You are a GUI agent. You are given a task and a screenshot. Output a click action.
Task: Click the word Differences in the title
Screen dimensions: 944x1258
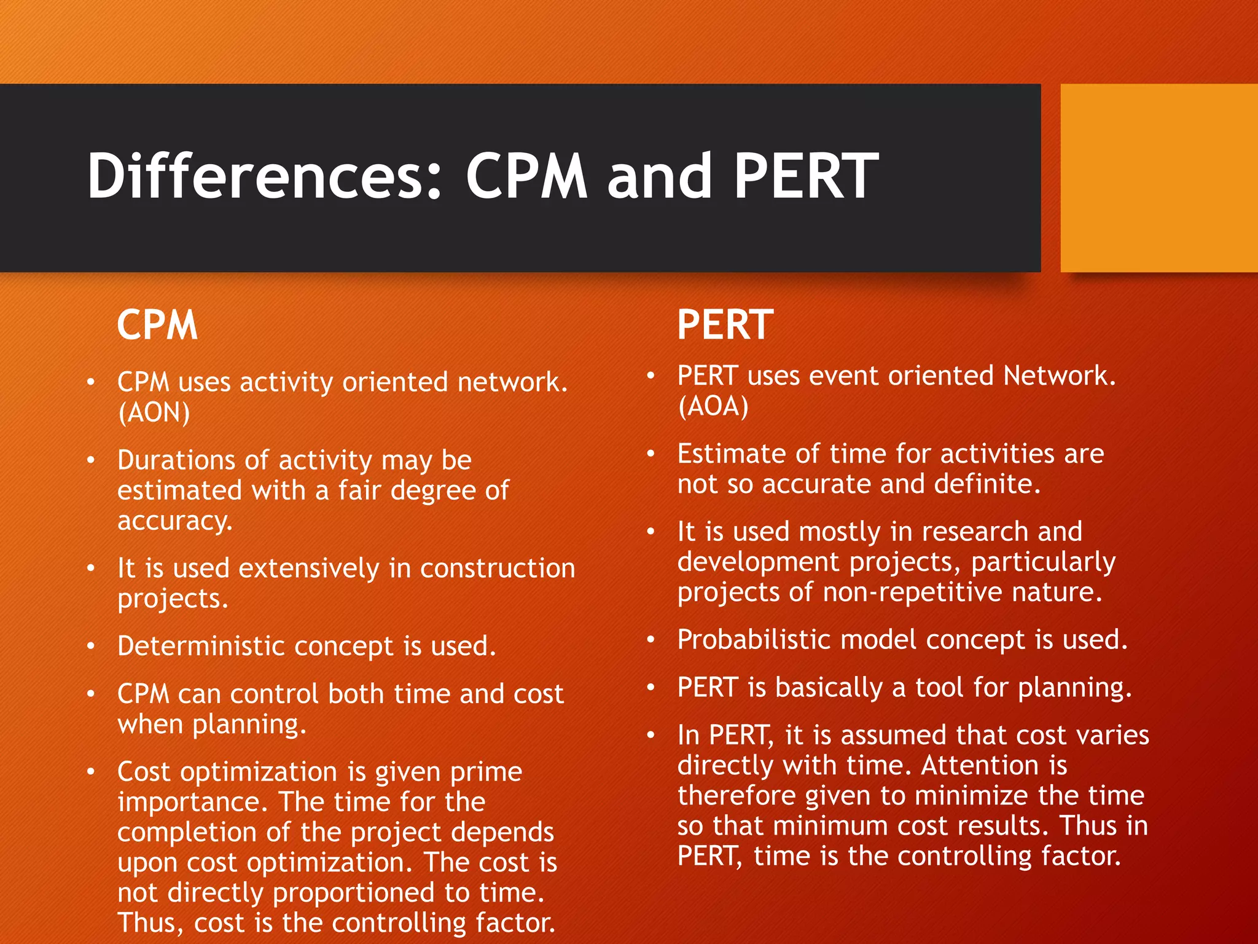(264, 176)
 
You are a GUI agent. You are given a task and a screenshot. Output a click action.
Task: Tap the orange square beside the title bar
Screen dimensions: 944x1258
(1158, 178)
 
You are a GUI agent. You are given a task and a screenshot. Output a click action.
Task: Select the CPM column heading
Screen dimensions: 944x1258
(157, 325)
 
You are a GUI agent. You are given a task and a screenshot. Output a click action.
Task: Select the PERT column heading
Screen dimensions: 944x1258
(725, 325)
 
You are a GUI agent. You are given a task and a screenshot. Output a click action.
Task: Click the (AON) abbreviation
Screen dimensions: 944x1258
(154, 412)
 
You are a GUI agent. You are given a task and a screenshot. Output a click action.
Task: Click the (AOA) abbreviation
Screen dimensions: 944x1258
(713, 406)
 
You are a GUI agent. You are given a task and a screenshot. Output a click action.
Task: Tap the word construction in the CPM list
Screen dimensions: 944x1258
(498, 568)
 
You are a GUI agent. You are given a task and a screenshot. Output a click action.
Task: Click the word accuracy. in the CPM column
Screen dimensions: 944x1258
(175, 521)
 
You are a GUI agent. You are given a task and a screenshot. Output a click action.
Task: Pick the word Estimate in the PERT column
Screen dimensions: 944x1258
(731, 454)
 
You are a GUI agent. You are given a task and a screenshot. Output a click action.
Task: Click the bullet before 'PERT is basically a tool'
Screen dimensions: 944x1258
(651, 687)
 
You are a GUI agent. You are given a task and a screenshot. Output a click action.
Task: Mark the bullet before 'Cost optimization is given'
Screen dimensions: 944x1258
(91, 772)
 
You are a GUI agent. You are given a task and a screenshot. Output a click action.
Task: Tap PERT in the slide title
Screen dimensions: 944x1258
(806, 176)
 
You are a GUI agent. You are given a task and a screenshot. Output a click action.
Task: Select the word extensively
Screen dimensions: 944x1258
(309, 568)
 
